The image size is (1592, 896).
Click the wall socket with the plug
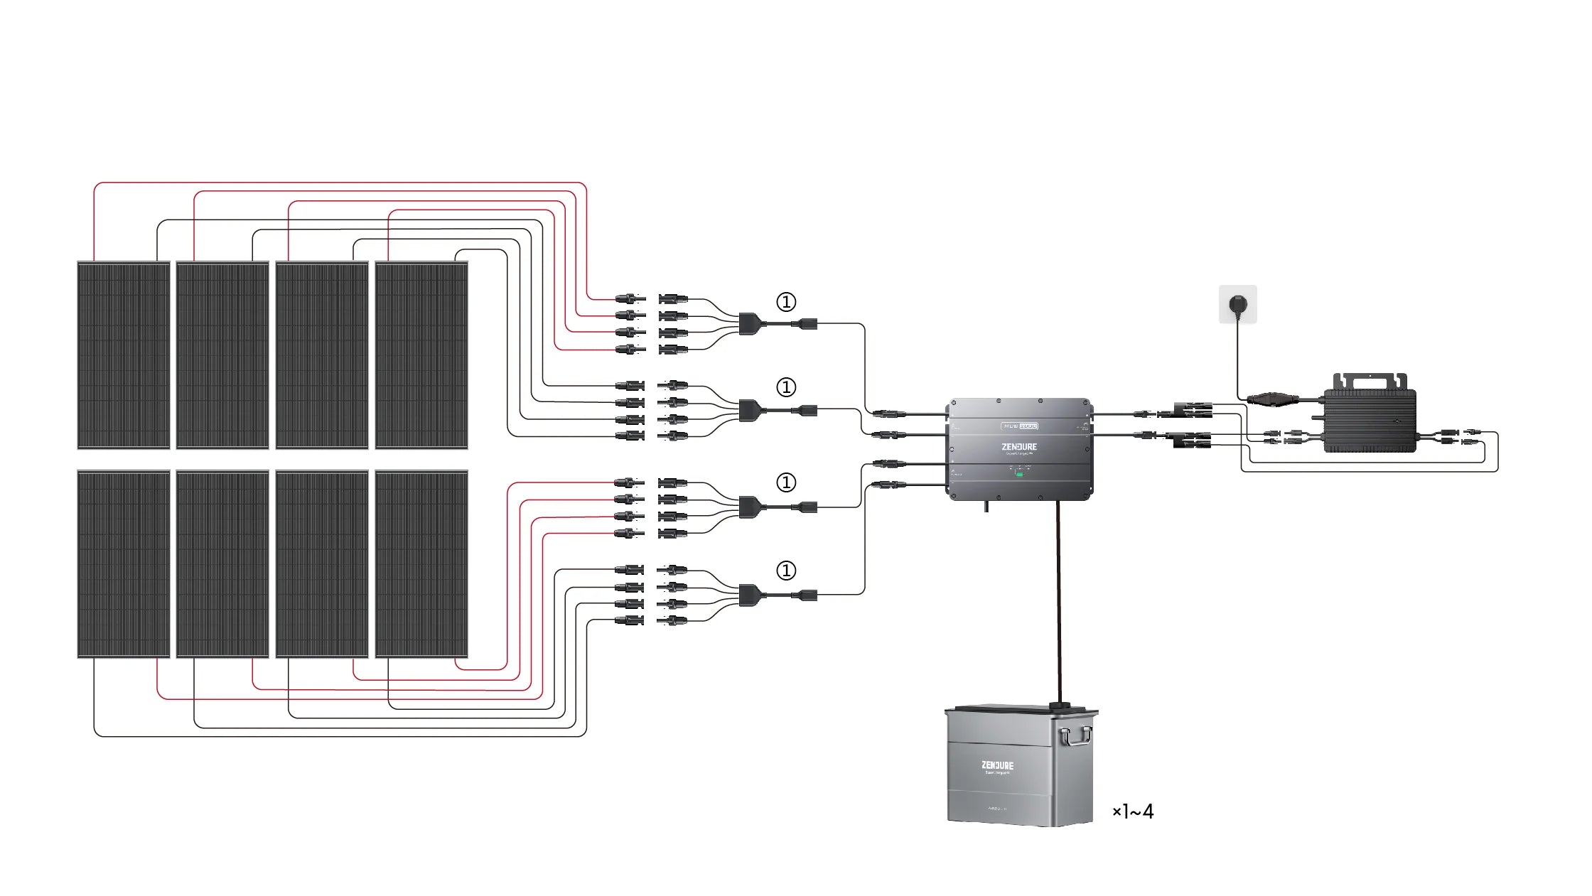click(x=1237, y=305)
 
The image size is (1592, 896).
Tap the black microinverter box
click(x=1370, y=420)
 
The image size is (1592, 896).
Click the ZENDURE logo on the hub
click(x=1019, y=447)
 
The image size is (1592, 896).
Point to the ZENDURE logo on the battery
click(x=997, y=765)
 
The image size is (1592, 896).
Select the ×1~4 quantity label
click(x=1133, y=811)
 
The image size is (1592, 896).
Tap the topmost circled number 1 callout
click(x=785, y=302)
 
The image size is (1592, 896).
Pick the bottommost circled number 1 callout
click(x=785, y=571)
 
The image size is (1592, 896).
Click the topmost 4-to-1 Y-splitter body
click(x=748, y=324)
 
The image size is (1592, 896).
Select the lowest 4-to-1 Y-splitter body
click(x=748, y=595)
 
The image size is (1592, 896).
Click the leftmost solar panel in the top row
click(x=124, y=355)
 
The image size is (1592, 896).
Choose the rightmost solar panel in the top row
click(x=421, y=355)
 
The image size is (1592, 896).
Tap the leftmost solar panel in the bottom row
click(x=124, y=564)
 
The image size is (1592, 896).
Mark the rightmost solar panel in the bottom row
click(x=421, y=564)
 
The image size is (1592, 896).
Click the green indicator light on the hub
click(x=1019, y=473)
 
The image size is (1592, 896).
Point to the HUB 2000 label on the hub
click(x=1020, y=426)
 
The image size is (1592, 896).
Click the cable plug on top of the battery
click(x=1060, y=706)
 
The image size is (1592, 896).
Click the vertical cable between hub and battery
click(x=1059, y=604)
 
